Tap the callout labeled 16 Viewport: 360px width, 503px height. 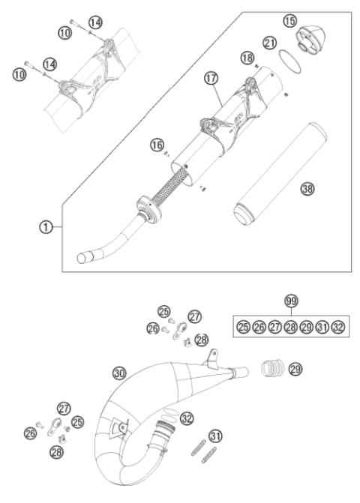point(157,144)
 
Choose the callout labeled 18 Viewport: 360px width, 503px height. point(244,58)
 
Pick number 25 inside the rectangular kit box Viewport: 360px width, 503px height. point(242,328)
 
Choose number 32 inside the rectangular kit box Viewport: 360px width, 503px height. point(338,328)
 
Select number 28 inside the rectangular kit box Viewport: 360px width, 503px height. point(290,328)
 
